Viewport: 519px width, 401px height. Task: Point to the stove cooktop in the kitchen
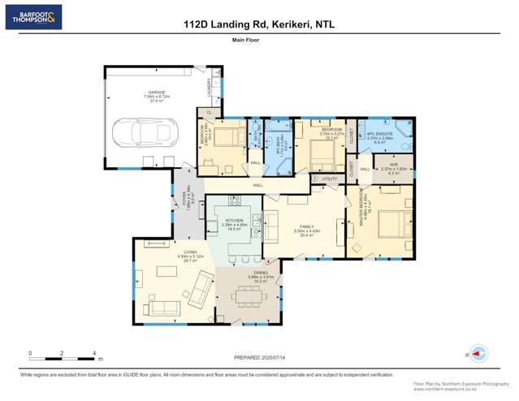[235, 201]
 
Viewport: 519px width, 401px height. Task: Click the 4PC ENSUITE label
[380, 133]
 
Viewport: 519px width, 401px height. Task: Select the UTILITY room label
[329, 179]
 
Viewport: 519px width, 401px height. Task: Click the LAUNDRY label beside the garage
[209, 86]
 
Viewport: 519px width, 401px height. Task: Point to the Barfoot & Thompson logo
[33, 18]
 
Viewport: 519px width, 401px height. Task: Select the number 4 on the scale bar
[94, 353]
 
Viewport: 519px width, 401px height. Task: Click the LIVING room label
[190, 252]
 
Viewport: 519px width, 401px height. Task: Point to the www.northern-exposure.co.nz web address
[461, 389]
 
